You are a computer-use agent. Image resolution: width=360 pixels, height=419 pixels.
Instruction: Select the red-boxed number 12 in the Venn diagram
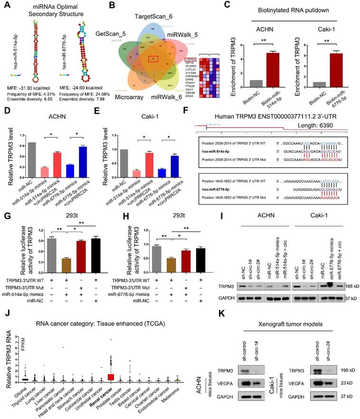tap(153, 59)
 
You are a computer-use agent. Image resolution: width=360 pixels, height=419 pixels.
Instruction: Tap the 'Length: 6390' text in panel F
tap(325, 131)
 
